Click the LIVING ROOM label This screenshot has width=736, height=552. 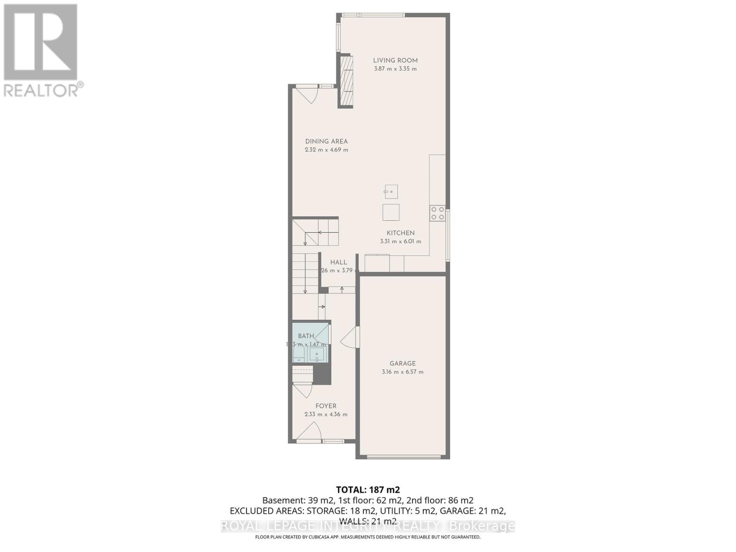(x=395, y=60)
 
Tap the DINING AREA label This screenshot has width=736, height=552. (x=326, y=141)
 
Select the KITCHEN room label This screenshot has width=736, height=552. (x=400, y=233)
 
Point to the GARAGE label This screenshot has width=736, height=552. (x=402, y=363)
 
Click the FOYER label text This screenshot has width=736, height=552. (x=326, y=406)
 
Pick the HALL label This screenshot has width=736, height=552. (x=339, y=262)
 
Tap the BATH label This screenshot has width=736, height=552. (x=306, y=336)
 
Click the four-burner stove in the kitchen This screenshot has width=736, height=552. (x=437, y=213)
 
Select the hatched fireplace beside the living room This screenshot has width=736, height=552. (x=346, y=81)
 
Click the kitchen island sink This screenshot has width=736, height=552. (x=391, y=191)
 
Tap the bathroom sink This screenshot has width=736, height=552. (x=317, y=355)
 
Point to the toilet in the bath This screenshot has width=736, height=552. (x=299, y=354)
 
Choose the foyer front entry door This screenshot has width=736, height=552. (x=309, y=432)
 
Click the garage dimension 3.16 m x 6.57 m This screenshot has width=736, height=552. (x=402, y=372)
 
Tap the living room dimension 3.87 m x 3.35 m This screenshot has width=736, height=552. (x=395, y=69)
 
